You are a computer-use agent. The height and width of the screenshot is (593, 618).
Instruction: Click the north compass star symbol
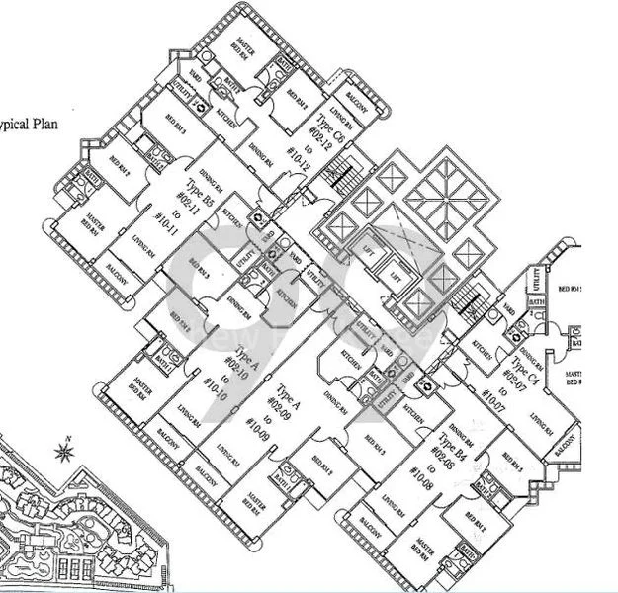tap(64, 453)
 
